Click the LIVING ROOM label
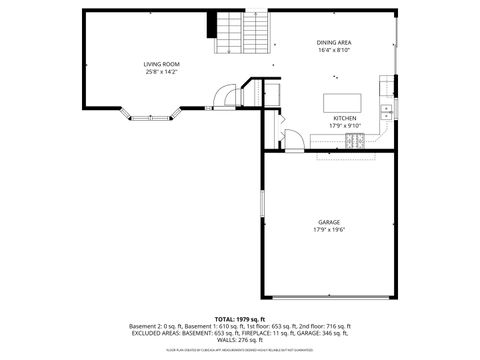160,64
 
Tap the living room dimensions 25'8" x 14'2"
160,72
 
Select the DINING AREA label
333,42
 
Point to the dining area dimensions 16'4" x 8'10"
333,50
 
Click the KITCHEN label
344,118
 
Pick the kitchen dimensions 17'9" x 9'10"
344,126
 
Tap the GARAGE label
329,222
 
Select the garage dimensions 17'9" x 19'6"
329,230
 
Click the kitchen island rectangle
337,100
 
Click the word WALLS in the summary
223,340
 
